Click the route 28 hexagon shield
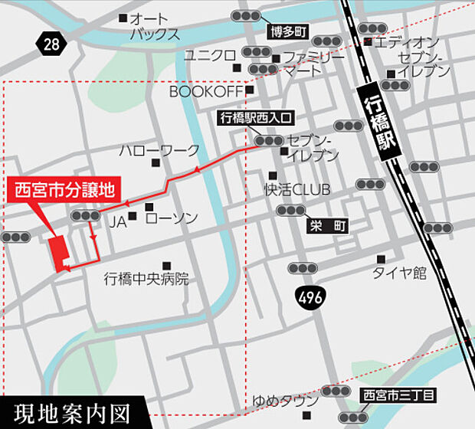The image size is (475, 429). [51, 44]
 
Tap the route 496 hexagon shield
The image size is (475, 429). [310, 295]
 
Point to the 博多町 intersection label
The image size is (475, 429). [287, 32]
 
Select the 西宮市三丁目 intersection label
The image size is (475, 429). [398, 396]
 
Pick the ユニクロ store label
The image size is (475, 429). [209, 55]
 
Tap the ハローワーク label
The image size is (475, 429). [159, 150]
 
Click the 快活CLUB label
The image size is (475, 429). [296, 189]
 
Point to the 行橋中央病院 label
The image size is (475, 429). [146, 279]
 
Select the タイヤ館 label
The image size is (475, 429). [399, 273]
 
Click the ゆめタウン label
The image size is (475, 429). [285, 401]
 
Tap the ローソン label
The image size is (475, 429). [172, 218]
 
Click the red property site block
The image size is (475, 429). [57, 252]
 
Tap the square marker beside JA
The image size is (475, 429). [133, 217]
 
